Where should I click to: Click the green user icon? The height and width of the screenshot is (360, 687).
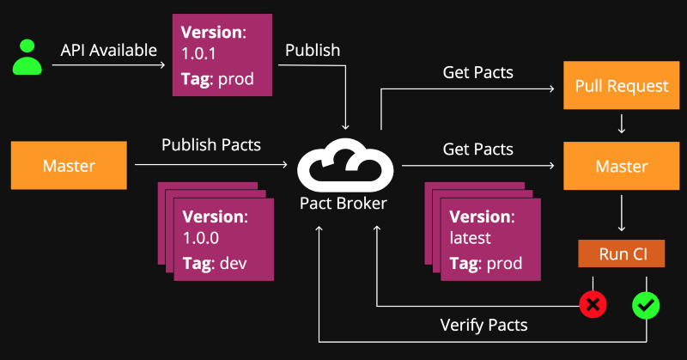27,57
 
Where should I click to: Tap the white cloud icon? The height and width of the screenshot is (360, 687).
345,165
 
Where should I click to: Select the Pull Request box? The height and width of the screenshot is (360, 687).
621,86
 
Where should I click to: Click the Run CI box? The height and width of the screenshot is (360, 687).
621,253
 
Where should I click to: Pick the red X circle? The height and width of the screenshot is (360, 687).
593,304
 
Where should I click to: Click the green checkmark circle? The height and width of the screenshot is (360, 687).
646,305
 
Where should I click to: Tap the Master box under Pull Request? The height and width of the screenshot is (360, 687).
621,166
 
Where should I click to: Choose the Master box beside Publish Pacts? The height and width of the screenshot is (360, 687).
69,165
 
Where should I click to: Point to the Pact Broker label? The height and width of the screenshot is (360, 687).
343,204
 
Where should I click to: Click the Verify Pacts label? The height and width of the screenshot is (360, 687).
483,325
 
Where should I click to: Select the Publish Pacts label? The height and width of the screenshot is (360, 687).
211,145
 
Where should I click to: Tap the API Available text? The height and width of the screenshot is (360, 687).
109,51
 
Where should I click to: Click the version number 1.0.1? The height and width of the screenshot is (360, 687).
198,54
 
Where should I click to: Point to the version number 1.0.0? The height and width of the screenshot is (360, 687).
201,238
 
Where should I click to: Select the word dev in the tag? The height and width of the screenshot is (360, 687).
233,264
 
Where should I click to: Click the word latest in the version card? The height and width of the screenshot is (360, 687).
470,238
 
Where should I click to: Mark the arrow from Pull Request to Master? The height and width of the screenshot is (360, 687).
621,124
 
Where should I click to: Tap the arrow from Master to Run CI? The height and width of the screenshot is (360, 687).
621,213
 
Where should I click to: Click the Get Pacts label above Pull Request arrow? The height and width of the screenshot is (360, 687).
478,73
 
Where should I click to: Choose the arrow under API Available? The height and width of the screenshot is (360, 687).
109,65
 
